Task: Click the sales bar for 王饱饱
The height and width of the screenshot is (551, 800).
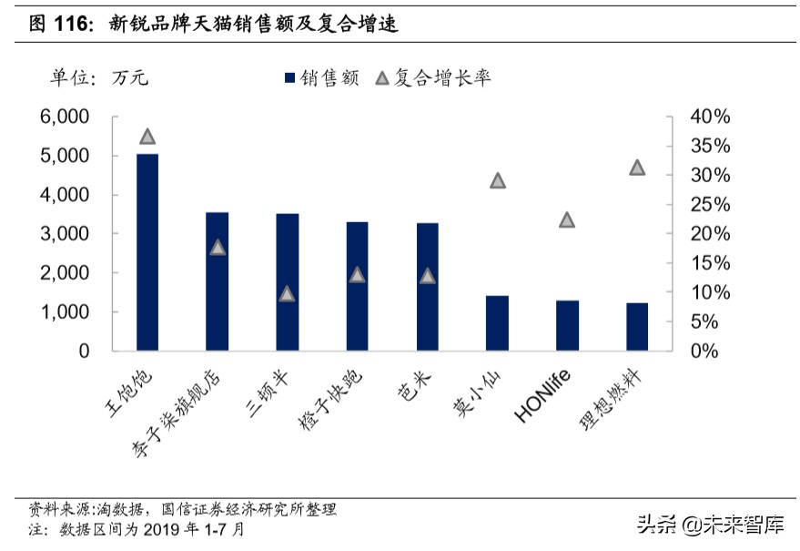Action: click(x=147, y=252)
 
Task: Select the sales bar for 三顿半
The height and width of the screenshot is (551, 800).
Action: click(x=287, y=281)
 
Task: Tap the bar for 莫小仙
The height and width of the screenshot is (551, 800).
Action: click(x=497, y=322)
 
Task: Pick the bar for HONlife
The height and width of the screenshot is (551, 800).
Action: click(x=567, y=325)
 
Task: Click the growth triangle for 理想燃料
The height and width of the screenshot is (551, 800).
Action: click(x=637, y=168)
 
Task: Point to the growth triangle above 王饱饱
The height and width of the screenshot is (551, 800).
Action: click(x=147, y=137)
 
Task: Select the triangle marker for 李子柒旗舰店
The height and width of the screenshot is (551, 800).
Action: click(x=218, y=247)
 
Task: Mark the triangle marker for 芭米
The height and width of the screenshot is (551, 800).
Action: click(x=427, y=275)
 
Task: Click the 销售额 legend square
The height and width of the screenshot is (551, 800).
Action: click(x=290, y=78)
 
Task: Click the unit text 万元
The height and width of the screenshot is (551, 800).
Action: click(x=130, y=78)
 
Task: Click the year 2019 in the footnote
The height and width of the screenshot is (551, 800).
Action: click(x=163, y=529)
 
